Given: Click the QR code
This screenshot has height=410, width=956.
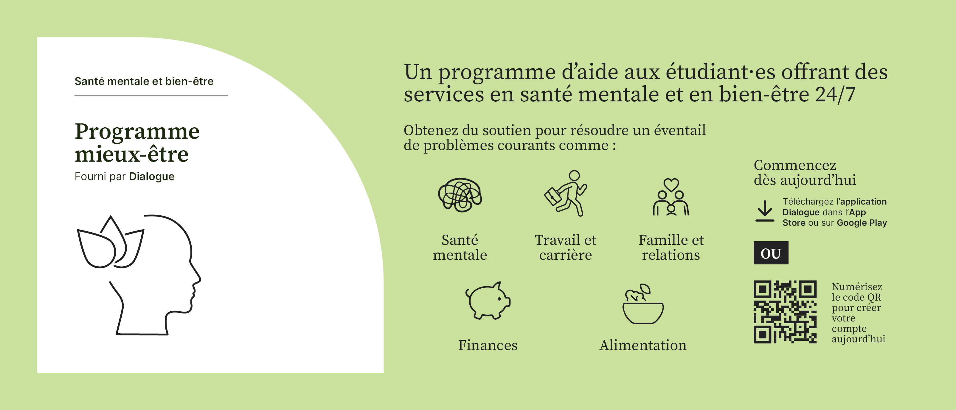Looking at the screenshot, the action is [x=785, y=312].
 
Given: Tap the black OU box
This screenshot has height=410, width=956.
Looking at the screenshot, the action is [x=771, y=253].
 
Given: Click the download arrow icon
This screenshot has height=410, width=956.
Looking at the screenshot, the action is [x=765, y=211].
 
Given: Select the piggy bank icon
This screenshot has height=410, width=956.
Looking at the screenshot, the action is [x=488, y=301].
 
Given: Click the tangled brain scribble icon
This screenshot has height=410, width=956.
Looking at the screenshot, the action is [x=460, y=195].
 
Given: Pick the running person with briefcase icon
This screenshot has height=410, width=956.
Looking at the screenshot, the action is [x=566, y=193].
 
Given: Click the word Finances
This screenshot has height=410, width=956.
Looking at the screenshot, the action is [x=488, y=345].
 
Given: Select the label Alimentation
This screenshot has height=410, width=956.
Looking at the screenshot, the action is [x=643, y=345].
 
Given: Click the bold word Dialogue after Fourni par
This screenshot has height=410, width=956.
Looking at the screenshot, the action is [x=152, y=177].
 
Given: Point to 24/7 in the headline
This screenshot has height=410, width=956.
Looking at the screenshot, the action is [x=835, y=94].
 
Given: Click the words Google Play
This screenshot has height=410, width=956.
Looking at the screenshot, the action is [x=862, y=223].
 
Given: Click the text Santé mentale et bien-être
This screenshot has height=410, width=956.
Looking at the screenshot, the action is [x=144, y=81].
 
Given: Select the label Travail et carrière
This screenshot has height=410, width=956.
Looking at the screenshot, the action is [x=566, y=247].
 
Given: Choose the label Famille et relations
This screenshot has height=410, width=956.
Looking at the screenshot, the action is [x=671, y=247].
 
